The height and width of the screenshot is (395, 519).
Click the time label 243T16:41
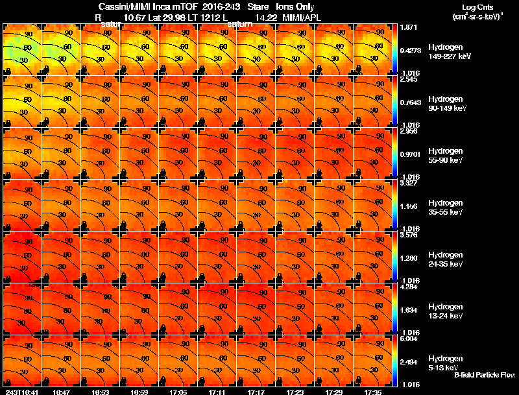tap(22, 392)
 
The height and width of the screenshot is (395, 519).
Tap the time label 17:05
tap(178, 392)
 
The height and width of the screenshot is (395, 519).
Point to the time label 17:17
tap(256, 392)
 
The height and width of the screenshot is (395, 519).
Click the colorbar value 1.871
tap(409, 27)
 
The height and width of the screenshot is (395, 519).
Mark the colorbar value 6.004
tap(409, 339)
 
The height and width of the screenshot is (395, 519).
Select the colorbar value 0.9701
tap(411, 153)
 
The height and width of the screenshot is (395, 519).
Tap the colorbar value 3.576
tap(409, 235)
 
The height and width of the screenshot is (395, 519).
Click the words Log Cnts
tap(477, 7)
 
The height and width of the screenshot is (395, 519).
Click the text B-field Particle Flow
tap(485, 375)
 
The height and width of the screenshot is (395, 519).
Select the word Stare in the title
tap(258, 7)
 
